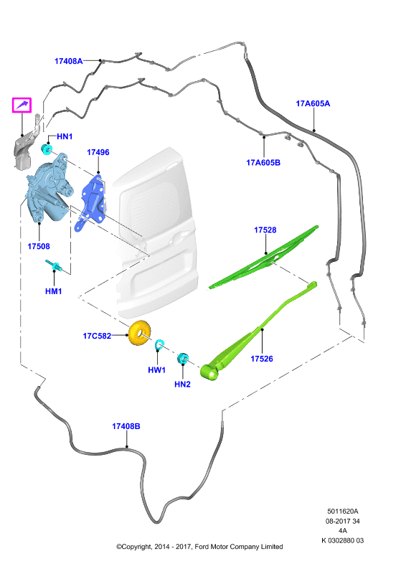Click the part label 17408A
(x=68, y=61)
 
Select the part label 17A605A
(x=313, y=103)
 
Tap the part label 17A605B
(x=263, y=163)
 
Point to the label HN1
(x=65, y=136)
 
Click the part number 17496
(x=98, y=152)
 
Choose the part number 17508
(x=39, y=246)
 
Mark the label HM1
(x=54, y=291)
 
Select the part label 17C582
(x=97, y=336)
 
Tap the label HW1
(x=156, y=370)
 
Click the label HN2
(x=182, y=385)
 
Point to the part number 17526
(x=262, y=359)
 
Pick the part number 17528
(x=265, y=230)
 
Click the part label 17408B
(x=126, y=426)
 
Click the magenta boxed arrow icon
(x=22, y=105)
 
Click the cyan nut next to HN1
(x=47, y=149)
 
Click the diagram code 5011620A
(x=343, y=512)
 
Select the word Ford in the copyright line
(x=201, y=547)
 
